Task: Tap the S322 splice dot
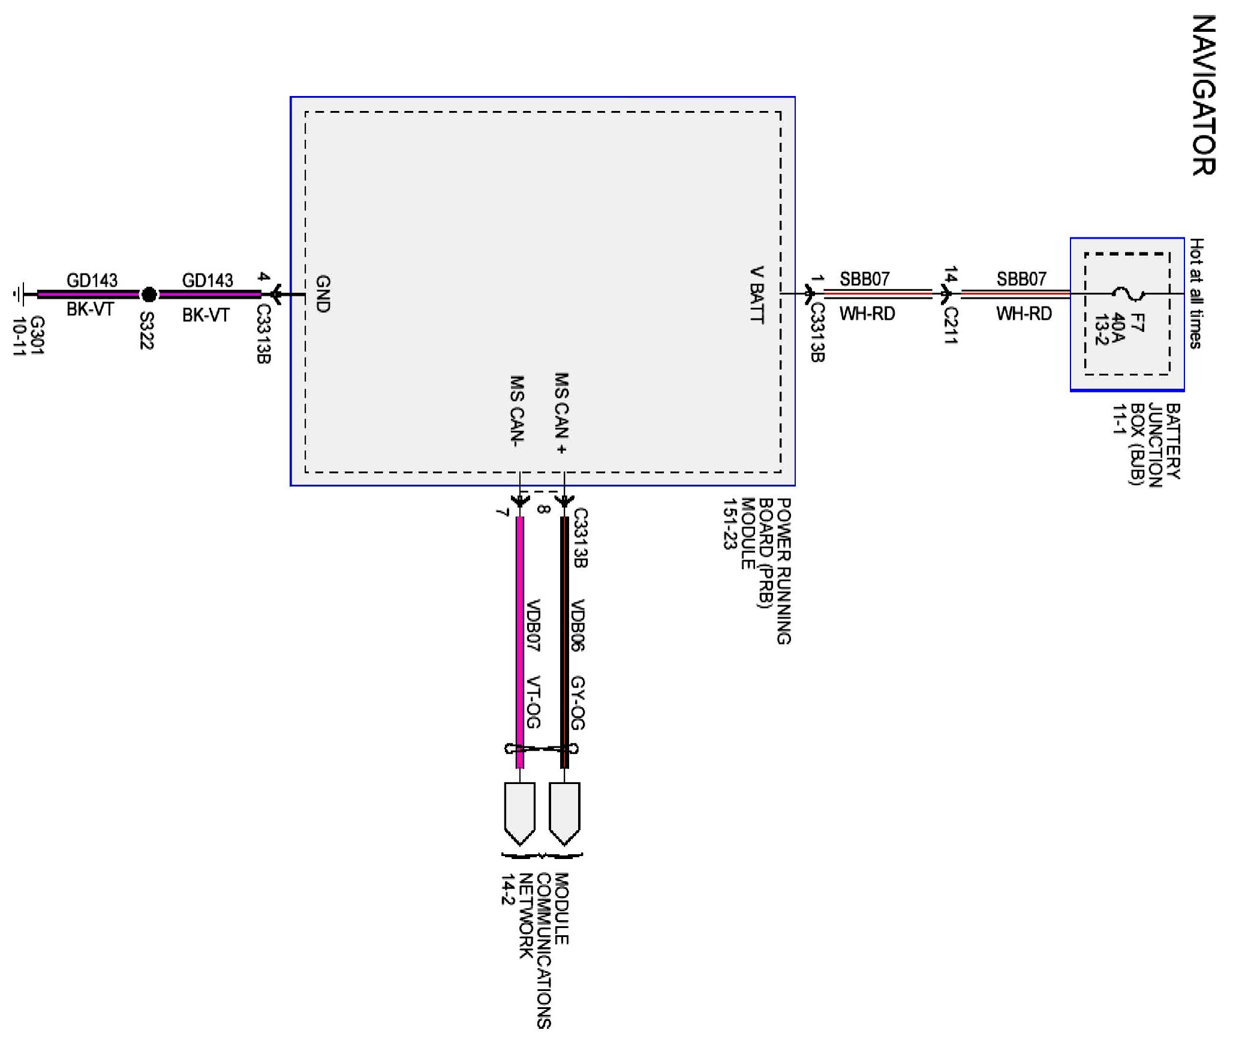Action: click(149, 295)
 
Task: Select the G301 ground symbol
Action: click(19, 295)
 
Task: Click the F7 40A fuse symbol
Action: click(1128, 294)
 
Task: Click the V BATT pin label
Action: click(757, 295)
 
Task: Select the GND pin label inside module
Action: click(323, 294)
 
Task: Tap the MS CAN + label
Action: click(561, 413)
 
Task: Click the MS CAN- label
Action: click(517, 412)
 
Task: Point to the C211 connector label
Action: click(951, 325)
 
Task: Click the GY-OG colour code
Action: click(578, 702)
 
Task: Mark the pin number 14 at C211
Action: click(951, 275)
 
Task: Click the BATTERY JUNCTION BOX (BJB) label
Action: click(1147, 444)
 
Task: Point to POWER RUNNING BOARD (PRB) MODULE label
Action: click(757, 570)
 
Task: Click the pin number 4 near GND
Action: click(263, 277)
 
